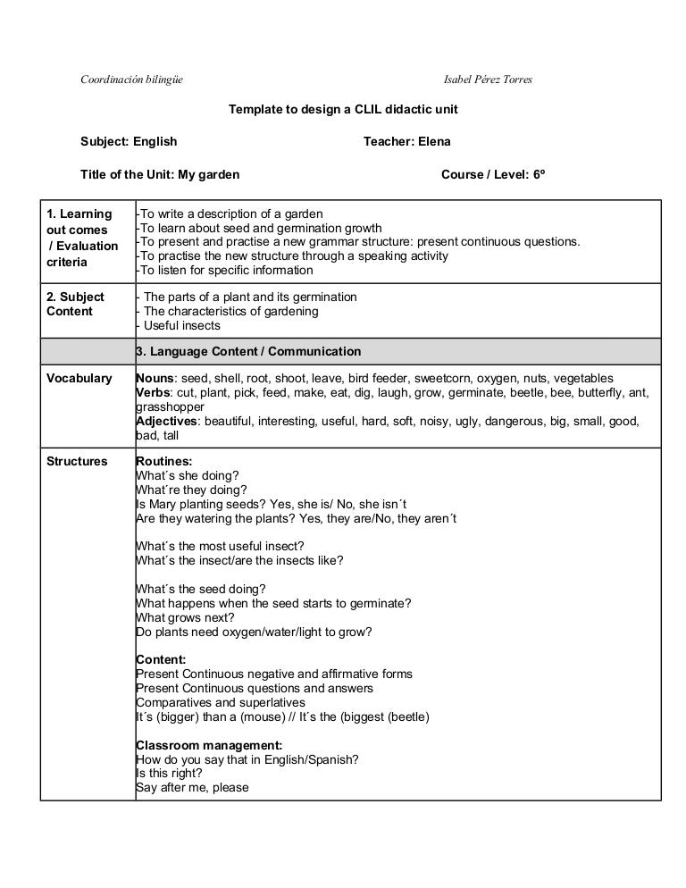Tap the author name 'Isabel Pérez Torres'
tap(489, 80)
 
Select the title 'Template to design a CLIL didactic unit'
tap(344, 109)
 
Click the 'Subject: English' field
tap(129, 141)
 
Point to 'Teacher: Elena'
tap(407, 141)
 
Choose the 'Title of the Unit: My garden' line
tap(160, 174)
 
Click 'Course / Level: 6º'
tap(492, 174)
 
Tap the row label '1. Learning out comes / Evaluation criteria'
tap(82, 238)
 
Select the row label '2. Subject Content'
tap(75, 304)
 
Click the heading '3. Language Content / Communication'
tap(248, 351)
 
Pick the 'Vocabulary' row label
tap(79, 378)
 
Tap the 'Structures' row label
tap(77, 461)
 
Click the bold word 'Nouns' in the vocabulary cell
tap(154, 378)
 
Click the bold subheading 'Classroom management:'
tap(209, 745)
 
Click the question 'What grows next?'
tap(185, 617)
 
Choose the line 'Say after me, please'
tap(192, 787)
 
